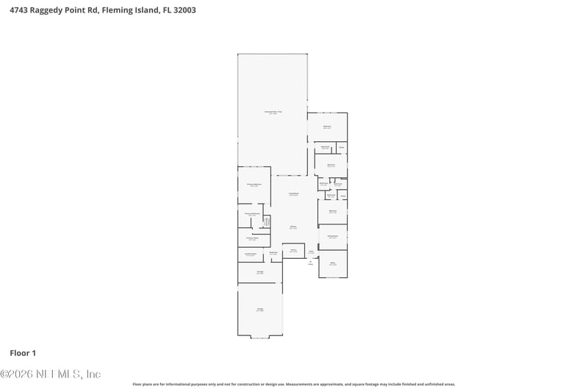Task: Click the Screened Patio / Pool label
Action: click(273, 112)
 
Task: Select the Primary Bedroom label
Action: click(254, 185)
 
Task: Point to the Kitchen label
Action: click(293, 227)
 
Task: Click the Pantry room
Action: click(293, 251)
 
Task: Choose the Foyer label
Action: click(311, 252)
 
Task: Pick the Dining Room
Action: click(332, 237)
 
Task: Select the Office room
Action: click(332, 263)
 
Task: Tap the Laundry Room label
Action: click(250, 254)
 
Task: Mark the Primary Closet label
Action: click(251, 238)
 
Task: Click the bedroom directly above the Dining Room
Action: click(332, 212)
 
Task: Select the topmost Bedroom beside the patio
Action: click(327, 127)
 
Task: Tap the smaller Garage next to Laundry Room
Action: click(259, 272)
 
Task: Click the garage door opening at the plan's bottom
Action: click(259, 337)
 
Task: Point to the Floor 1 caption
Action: click(23, 353)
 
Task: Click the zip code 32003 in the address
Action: click(185, 11)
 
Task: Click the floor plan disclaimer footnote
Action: click(293, 384)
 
